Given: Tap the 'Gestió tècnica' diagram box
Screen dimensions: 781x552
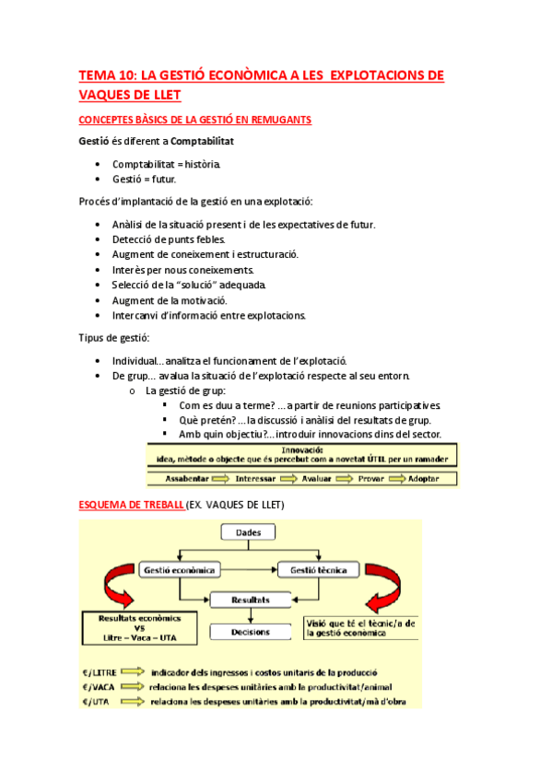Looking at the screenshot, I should point(318,570).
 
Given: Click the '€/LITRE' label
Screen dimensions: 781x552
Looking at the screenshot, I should point(99,672).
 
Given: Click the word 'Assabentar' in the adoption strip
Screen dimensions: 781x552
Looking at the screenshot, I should point(187,479).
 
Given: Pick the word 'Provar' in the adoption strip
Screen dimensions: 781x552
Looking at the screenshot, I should point(371,479).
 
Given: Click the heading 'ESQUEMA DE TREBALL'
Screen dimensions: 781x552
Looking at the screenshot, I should point(131,507).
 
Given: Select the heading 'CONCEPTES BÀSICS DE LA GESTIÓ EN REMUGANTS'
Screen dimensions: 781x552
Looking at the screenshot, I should point(194,120).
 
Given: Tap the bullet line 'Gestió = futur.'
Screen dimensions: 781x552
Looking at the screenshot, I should point(144,179).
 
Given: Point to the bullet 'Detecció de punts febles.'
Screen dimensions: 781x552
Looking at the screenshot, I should point(168,239).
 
